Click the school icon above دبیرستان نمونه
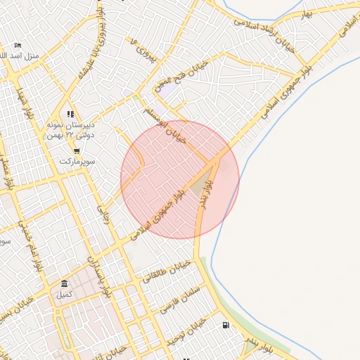click(x=70, y=113)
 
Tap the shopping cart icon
click(x=76, y=150)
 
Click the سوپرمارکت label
click(x=76, y=161)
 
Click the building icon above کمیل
click(x=65, y=284)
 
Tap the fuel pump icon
click(x=225, y=326)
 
